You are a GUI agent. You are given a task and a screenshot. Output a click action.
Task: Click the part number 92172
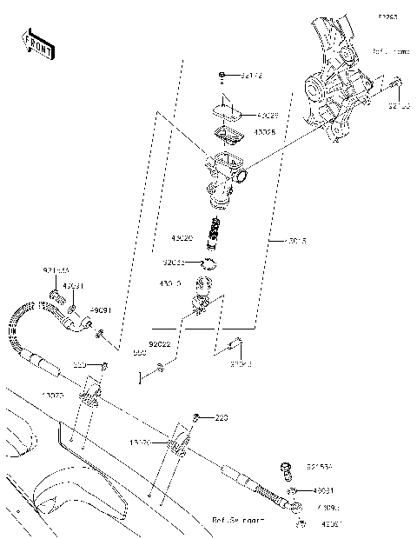251,77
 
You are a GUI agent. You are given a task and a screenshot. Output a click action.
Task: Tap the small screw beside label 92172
223,77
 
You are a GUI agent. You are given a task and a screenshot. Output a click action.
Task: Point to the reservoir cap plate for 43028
228,110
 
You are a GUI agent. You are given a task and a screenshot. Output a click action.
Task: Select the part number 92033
173,262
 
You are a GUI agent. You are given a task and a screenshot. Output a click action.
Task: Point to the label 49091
102,309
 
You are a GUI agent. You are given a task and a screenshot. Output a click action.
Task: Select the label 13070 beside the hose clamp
53,395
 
